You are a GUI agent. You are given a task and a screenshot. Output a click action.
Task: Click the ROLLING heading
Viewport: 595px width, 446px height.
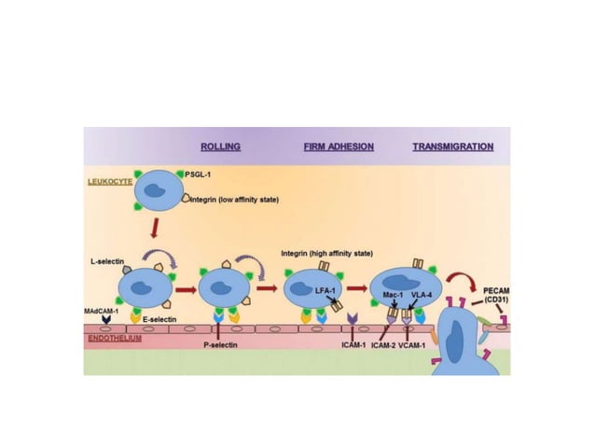point(220,146)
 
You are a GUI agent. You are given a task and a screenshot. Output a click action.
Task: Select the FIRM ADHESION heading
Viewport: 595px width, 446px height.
point(339,146)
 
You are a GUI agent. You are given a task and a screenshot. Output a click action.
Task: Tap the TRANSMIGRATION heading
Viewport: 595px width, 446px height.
point(453,146)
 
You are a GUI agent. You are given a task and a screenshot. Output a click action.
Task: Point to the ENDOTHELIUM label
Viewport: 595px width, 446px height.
point(113,339)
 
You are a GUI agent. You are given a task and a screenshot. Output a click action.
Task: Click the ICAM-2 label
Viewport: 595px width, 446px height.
point(381,344)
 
